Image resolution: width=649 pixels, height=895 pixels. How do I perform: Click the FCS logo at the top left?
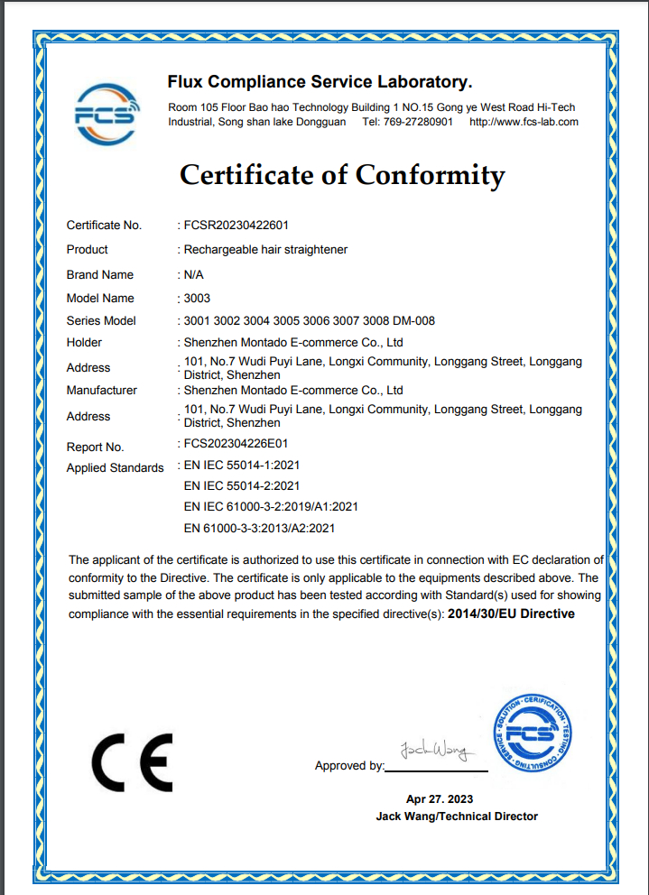tap(107, 114)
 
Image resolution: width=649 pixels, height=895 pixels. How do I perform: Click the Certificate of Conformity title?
tap(342, 174)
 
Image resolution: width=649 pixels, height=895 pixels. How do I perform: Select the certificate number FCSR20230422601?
tap(236, 225)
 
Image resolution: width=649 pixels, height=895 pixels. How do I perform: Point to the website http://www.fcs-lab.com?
tap(524, 122)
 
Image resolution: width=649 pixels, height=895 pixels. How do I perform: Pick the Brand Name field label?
tap(100, 274)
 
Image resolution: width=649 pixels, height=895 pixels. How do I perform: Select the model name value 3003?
tap(197, 298)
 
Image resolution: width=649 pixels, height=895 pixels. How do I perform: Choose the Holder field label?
tap(85, 342)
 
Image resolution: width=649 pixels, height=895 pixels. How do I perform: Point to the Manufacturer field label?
tap(102, 390)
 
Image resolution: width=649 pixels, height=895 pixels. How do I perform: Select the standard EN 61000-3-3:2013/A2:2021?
tap(259, 529)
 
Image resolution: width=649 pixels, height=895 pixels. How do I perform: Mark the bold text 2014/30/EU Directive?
tap(511, 614)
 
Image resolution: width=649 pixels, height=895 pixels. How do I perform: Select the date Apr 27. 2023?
tap(440, 798)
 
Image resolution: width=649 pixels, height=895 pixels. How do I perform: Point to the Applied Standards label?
tap(116, 467)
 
